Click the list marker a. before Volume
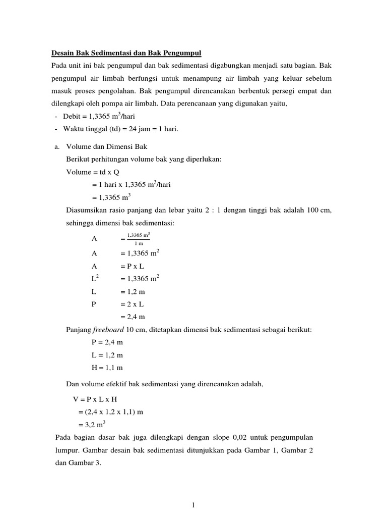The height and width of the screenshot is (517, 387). tap(57, 146)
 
